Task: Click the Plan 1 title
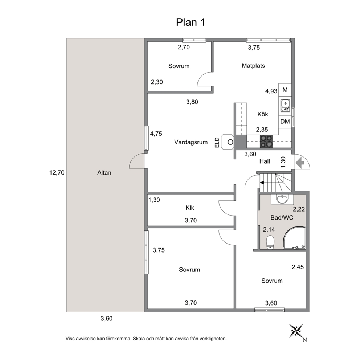coord(190,22)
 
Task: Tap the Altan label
coord(104,173)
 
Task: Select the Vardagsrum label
coord(191,142)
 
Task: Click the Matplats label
coord(253,66)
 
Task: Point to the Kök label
coord(263,114)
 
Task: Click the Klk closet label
coord(190,208)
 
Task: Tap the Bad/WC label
coord(282,217)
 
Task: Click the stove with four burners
coord(266,141)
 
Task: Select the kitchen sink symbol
coord(285,106)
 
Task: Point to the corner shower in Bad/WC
coord(294,238)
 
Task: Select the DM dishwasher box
coord(285,122)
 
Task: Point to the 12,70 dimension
coord(57,173)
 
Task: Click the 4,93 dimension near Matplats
coord(271,91)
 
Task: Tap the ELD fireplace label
coord(217,143)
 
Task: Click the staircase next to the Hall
coord(276,183)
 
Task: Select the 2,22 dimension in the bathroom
coord(299,209)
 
